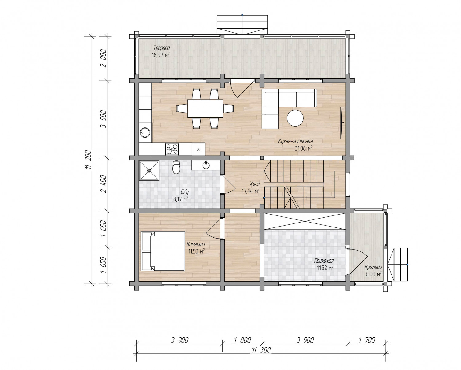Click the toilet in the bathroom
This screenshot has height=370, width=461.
tap(176, 167)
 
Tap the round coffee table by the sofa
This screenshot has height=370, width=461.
tap(295, 118)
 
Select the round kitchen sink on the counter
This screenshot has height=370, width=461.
tap(145, 132)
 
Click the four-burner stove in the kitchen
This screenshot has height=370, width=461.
tap(172, 149)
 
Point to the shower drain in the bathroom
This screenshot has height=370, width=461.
tap(149, 171)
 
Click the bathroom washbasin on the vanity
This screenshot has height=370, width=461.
tap(206, 165)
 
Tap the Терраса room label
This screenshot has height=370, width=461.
tap(162, 48)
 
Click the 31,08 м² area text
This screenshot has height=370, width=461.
tap(304, 148)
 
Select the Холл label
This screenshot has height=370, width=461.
tap(255, 184)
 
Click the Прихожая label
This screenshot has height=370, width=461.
tap(324, 261)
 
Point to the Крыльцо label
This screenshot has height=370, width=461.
tap(373, 267)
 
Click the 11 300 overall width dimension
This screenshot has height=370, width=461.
tap(261, 350)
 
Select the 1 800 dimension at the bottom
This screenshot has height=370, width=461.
tap(242, 340)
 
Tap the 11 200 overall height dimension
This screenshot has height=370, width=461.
tap(88, 160)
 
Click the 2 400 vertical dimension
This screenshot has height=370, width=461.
tap(103, 184)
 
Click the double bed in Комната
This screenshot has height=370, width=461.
tap(163, 251)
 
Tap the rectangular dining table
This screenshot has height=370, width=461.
tap(205, 108)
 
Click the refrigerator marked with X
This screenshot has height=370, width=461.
tap(198, 149)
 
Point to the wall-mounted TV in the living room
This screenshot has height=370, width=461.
tap(341, 123)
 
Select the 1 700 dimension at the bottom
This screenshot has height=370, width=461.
tap(367, 340)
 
